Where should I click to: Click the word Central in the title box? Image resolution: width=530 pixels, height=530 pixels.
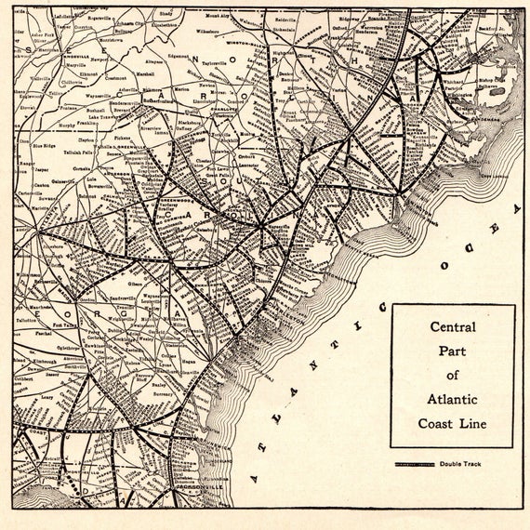pos(452,327)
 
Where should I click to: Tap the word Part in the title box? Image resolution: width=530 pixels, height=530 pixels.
pos(452,351)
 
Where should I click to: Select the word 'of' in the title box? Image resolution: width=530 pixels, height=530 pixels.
pos(452,376)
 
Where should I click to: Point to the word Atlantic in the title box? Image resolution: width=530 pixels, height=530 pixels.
pos(452,400)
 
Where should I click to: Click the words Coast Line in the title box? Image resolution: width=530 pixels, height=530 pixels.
pos(452,424)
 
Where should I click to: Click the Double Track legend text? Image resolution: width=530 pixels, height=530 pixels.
pos(461,464)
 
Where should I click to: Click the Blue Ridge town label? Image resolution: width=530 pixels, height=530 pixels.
pos(43,145)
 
